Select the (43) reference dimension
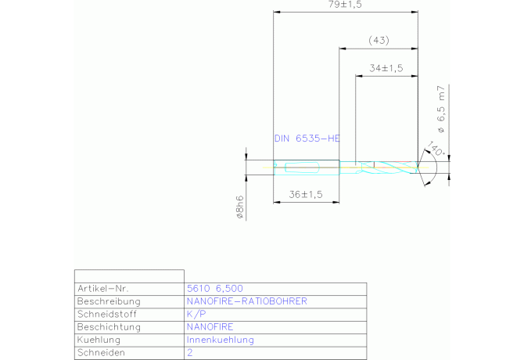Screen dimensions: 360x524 (x=379, y=41)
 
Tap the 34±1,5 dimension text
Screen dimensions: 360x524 (x=386, y=68)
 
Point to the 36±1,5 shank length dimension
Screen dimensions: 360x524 (x=306, y=195)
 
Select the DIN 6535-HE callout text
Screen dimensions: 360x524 (x=307, y=139)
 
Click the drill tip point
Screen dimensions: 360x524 (x=418, y=165)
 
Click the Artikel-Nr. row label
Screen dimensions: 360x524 (x=102, y=288)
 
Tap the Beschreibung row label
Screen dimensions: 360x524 (x=109, y=301)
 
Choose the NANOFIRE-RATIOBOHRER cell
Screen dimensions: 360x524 (x=246, y=301)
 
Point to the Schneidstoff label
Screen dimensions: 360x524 (x=108, y=314)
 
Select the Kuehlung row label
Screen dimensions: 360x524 (x=99, y=340)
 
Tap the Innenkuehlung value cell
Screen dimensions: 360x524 (x=220, y=340)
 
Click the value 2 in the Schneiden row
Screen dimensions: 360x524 (x=189, y=353)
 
